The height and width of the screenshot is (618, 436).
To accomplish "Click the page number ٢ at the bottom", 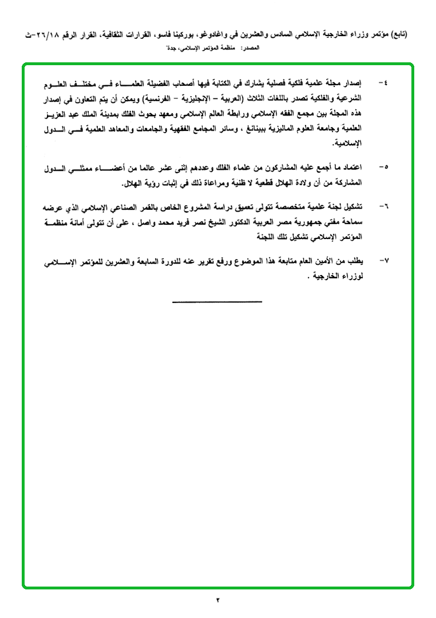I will (x=218, y=600).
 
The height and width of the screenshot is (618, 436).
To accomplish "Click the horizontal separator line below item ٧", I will (x=217, y=302).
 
